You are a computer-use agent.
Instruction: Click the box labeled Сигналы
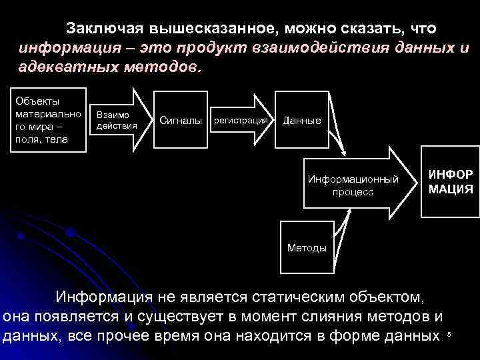coord(181,121)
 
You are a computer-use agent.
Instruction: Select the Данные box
coord(302,121)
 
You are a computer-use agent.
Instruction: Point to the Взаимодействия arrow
coord(117,121)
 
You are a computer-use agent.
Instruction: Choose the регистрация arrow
coord(241,121)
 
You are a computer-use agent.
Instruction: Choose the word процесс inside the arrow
coord(353,192)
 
